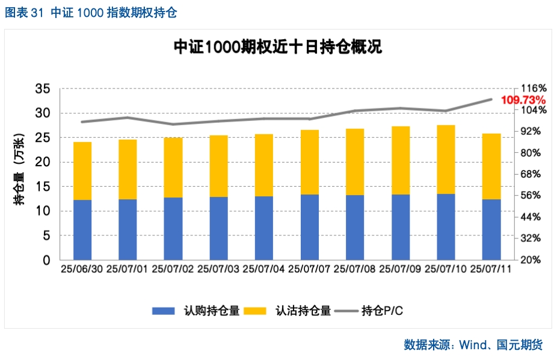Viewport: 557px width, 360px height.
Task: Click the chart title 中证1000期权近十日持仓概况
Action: (277, 48)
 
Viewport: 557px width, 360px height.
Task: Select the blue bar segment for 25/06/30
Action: (82, 229)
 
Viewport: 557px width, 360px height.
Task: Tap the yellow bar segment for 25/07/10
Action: (446, 159)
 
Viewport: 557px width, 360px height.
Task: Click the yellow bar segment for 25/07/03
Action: (218, 166)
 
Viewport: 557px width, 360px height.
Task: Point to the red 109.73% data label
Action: (523, 99)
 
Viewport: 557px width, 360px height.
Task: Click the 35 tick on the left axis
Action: (42, 88)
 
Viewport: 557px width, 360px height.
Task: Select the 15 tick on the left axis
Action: (42, 187)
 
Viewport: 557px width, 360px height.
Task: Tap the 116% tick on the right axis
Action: (533, 88)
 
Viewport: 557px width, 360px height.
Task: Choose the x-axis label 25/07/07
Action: (309, 270)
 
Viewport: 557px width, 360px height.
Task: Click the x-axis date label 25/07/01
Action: (128, 270)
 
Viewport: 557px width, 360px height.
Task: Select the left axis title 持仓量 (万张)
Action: (19, 175)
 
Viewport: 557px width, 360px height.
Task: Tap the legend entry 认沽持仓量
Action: (303, 311)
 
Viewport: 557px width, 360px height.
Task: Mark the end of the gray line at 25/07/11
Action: (491, 99)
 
